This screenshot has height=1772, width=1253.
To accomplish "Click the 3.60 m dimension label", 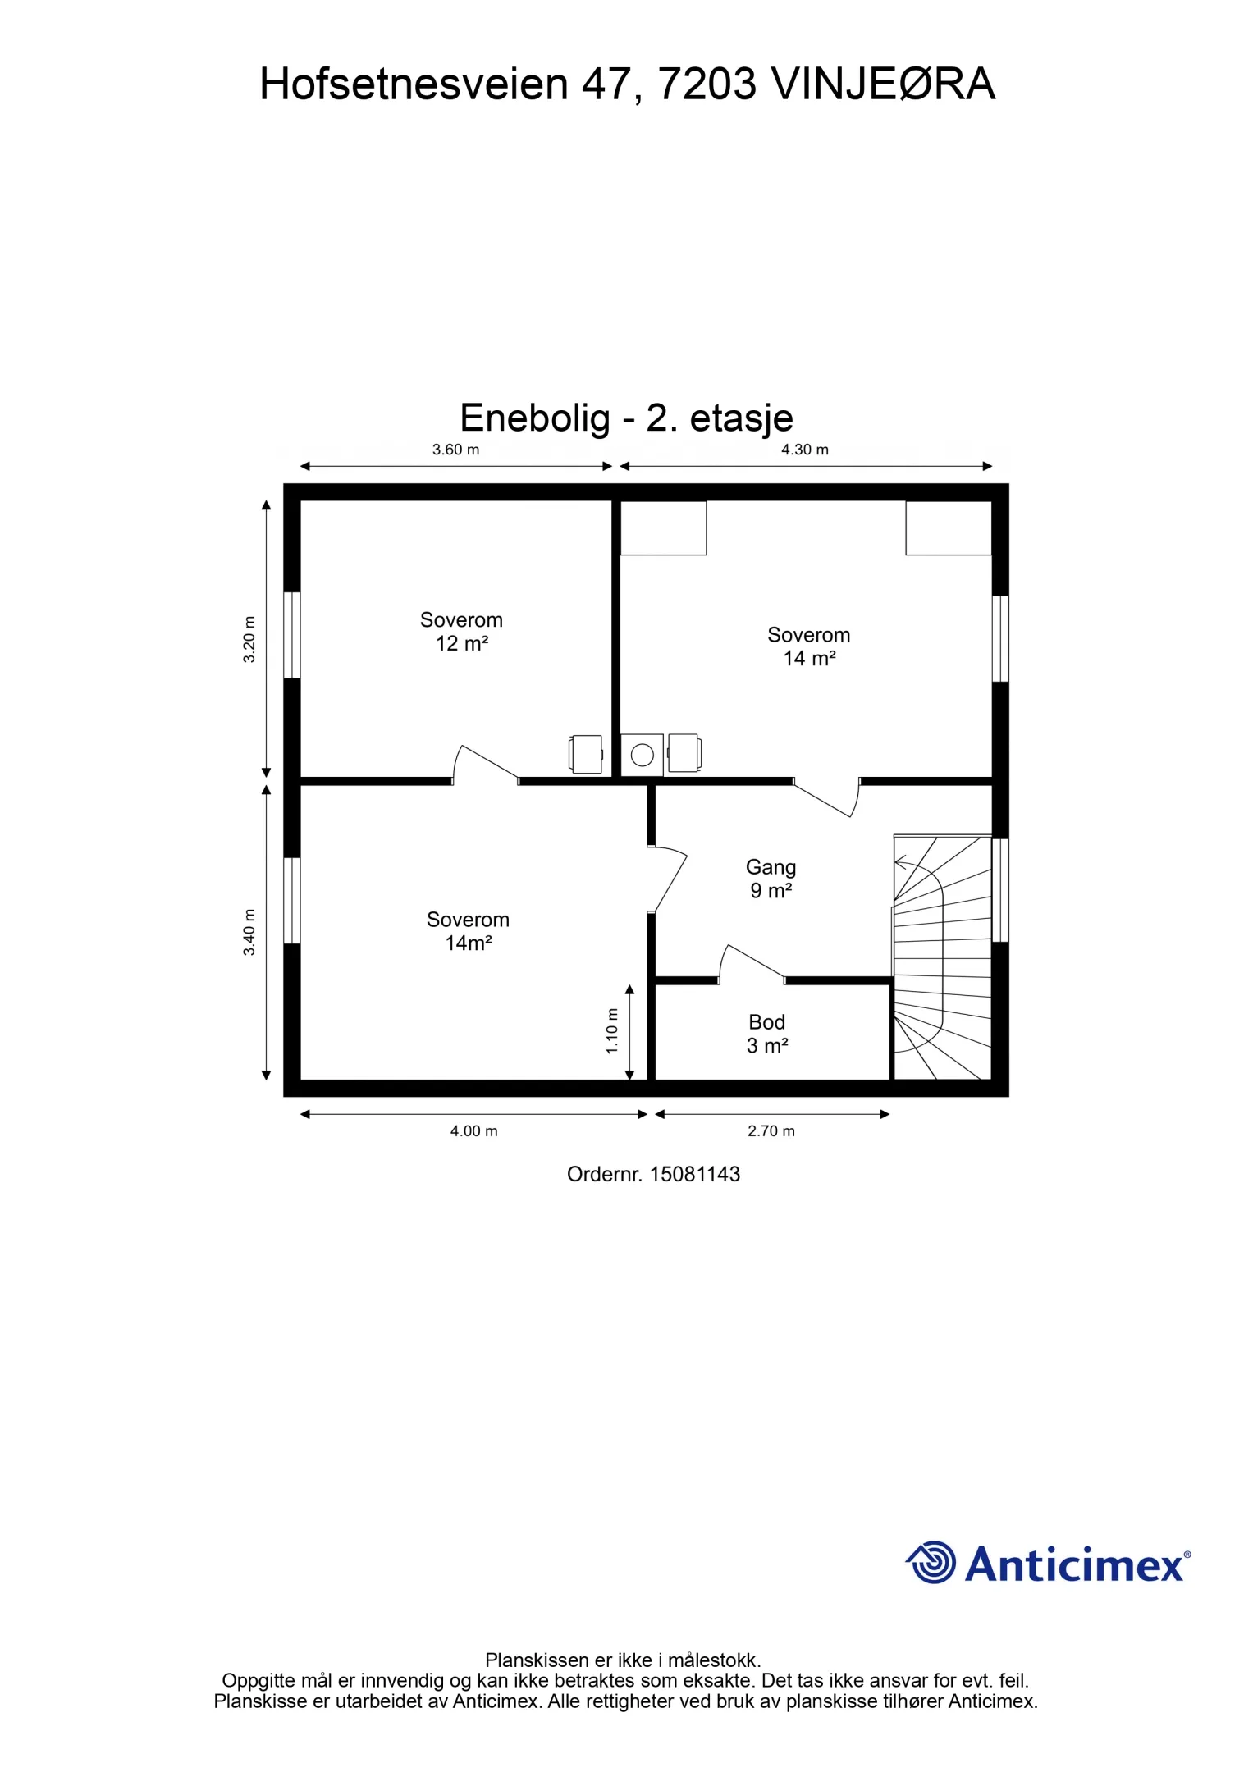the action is (x=455, y=450).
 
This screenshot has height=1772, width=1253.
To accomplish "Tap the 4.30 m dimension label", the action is (x=804, y=450).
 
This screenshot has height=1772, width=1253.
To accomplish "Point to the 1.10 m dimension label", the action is (x=612, y=1031).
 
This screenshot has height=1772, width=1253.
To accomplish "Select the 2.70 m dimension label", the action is (x=771, y=1131).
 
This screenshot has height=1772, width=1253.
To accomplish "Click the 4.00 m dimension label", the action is (x=473, y=1131).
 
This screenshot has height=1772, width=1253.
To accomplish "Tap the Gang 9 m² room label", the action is (x=771, y=879).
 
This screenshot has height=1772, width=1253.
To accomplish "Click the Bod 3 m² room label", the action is (x=767, y=1034).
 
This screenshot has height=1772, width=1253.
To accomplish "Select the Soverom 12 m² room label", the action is (x=461, y=632).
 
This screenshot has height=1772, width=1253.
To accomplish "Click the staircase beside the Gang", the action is (x=942, y=957).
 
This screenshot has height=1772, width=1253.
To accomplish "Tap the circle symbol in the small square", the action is (x=643, y=755).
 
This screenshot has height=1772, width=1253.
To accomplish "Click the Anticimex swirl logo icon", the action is (x=931, y=1562).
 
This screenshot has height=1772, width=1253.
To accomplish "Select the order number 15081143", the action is (x=694, y=1174).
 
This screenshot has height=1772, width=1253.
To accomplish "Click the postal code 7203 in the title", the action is (x=707, y=84).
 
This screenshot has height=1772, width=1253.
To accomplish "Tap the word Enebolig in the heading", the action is (x=535, y=418).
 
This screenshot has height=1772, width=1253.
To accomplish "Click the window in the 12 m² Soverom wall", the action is (x=291, y=635).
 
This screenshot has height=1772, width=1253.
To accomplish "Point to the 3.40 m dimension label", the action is (x=249, y=933).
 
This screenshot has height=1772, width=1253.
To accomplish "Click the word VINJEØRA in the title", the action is (x=883, y=84).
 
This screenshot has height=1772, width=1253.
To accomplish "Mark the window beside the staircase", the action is (x=1000, y=890).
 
